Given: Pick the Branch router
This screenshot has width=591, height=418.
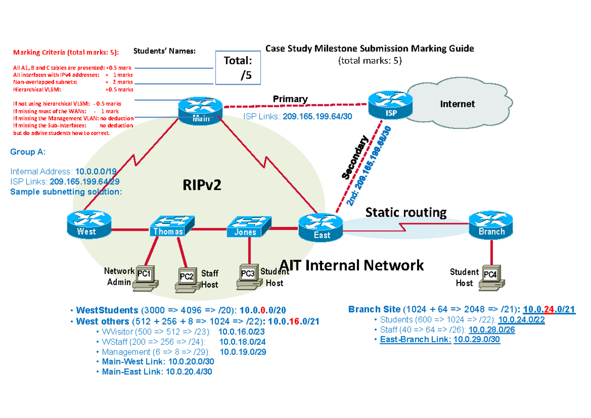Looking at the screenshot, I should [x=491, y=225].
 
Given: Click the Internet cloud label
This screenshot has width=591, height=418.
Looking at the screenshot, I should [x=458, y=104].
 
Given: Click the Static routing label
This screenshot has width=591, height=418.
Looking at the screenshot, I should [x=406, y=213].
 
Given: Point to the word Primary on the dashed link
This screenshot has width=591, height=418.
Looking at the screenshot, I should [x=290, y=99].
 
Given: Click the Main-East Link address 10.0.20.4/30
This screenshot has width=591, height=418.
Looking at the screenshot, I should [x=189, y=372].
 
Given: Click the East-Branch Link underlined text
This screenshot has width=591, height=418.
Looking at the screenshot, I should [x=415, y=340].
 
